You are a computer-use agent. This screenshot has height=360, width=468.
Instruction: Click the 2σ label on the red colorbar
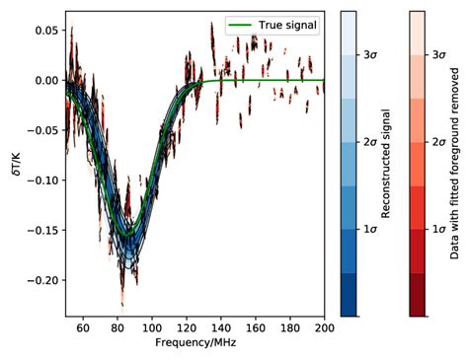(x=441, y=142)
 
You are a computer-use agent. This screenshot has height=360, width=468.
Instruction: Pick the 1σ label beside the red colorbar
(x=441, y=229)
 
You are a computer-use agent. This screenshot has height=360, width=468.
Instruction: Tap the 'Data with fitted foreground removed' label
(x=455, y=164)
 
